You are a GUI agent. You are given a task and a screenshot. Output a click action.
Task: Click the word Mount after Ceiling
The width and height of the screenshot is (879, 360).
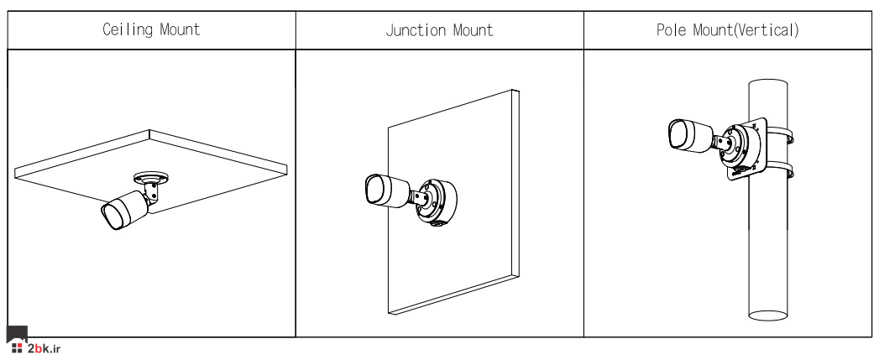pyautogui.click(x=180, y=29)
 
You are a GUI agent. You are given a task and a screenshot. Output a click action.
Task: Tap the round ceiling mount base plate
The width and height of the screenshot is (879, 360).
pyautogui.click(x=151, y=179)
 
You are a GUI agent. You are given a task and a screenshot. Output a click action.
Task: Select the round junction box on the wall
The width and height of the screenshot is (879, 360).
pyautogui.click(x=437, y=202)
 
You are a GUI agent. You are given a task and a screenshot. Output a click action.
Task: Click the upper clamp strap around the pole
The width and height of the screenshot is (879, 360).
pyautogui.click(x=780, y=134)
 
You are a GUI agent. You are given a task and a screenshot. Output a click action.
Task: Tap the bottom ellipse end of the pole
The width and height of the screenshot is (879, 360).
pyautogui.click(x=768, y=316)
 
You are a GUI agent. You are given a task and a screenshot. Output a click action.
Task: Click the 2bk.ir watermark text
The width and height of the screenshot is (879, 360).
pyautogui.click(x=44, y=349)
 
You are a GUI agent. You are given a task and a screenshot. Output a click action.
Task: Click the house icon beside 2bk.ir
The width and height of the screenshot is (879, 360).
pyautogui.click(x=17, y=341)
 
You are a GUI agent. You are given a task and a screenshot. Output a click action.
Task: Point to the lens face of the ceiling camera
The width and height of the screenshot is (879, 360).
pyautogui.click(x=111, y=217)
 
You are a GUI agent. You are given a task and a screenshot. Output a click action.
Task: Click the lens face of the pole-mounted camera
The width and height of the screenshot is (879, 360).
pyautogui.click(x=678, y=134)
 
